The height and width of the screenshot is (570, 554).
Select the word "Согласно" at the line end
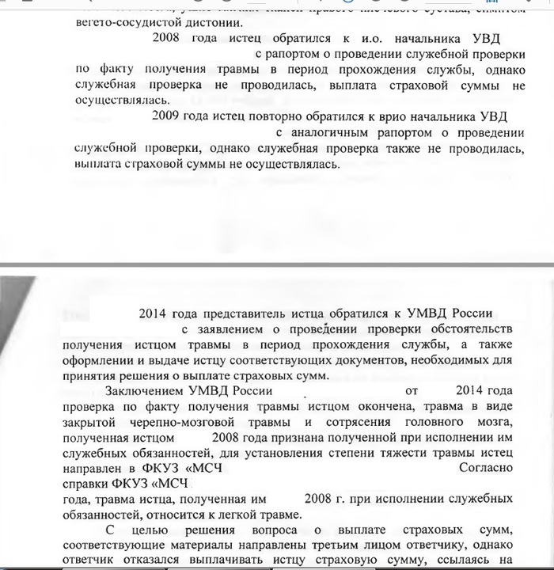pos(486,467)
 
